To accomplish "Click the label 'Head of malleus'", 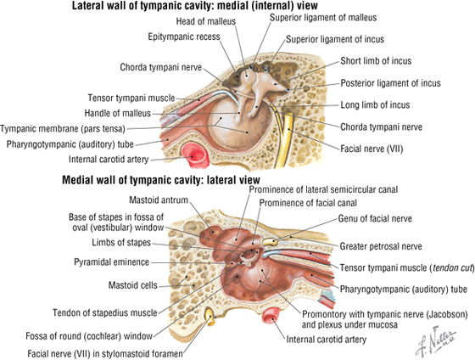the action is pos(205,21).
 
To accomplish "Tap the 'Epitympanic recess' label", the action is pos(184,37).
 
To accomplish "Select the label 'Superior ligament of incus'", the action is pos(335,39).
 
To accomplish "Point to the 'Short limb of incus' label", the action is pos(376,61).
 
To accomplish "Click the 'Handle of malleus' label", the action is pos(118,113).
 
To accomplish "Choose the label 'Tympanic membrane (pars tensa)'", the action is pos(63,129).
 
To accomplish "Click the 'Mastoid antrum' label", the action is pos(159,200).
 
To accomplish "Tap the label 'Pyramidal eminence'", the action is pos(111,262).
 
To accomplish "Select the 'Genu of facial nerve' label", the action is pos(375,218).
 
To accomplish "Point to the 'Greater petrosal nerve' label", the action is pos(381,246).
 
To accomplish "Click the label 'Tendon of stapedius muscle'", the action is pos(105,312).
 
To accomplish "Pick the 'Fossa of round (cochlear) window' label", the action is pos(89,336).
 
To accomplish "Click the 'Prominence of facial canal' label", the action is pos(308,203).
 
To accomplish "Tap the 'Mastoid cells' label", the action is pos(133,285).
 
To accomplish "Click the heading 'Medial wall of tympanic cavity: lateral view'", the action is pos(161,180).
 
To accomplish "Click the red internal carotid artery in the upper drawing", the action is pos(195,155).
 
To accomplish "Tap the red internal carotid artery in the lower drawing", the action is pos(271,315).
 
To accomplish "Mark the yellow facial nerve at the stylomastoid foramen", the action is pos(210,317).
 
